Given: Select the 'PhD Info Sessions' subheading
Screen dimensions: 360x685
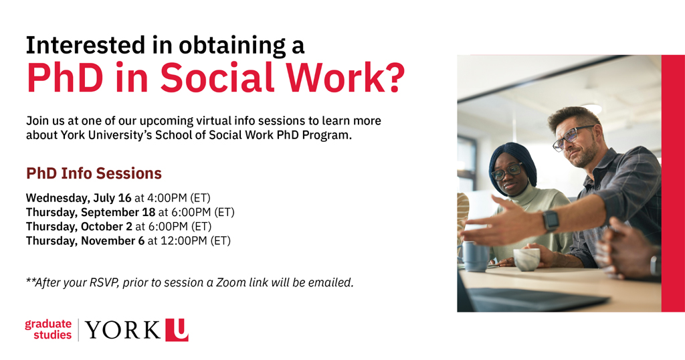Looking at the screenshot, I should pos(94,174).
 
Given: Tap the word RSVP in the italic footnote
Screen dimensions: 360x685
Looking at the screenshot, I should pos(101,282).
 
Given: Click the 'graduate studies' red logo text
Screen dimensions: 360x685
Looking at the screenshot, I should pos(48,329).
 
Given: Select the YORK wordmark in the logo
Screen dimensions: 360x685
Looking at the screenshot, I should pos(123,330).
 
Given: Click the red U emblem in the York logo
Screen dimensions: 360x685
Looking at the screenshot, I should pos(177,330).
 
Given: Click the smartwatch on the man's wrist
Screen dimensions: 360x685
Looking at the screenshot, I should pos(551,220).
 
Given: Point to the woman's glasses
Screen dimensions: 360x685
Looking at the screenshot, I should pos(506,172).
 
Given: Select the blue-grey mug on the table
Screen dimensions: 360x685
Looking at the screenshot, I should pos(476,256).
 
